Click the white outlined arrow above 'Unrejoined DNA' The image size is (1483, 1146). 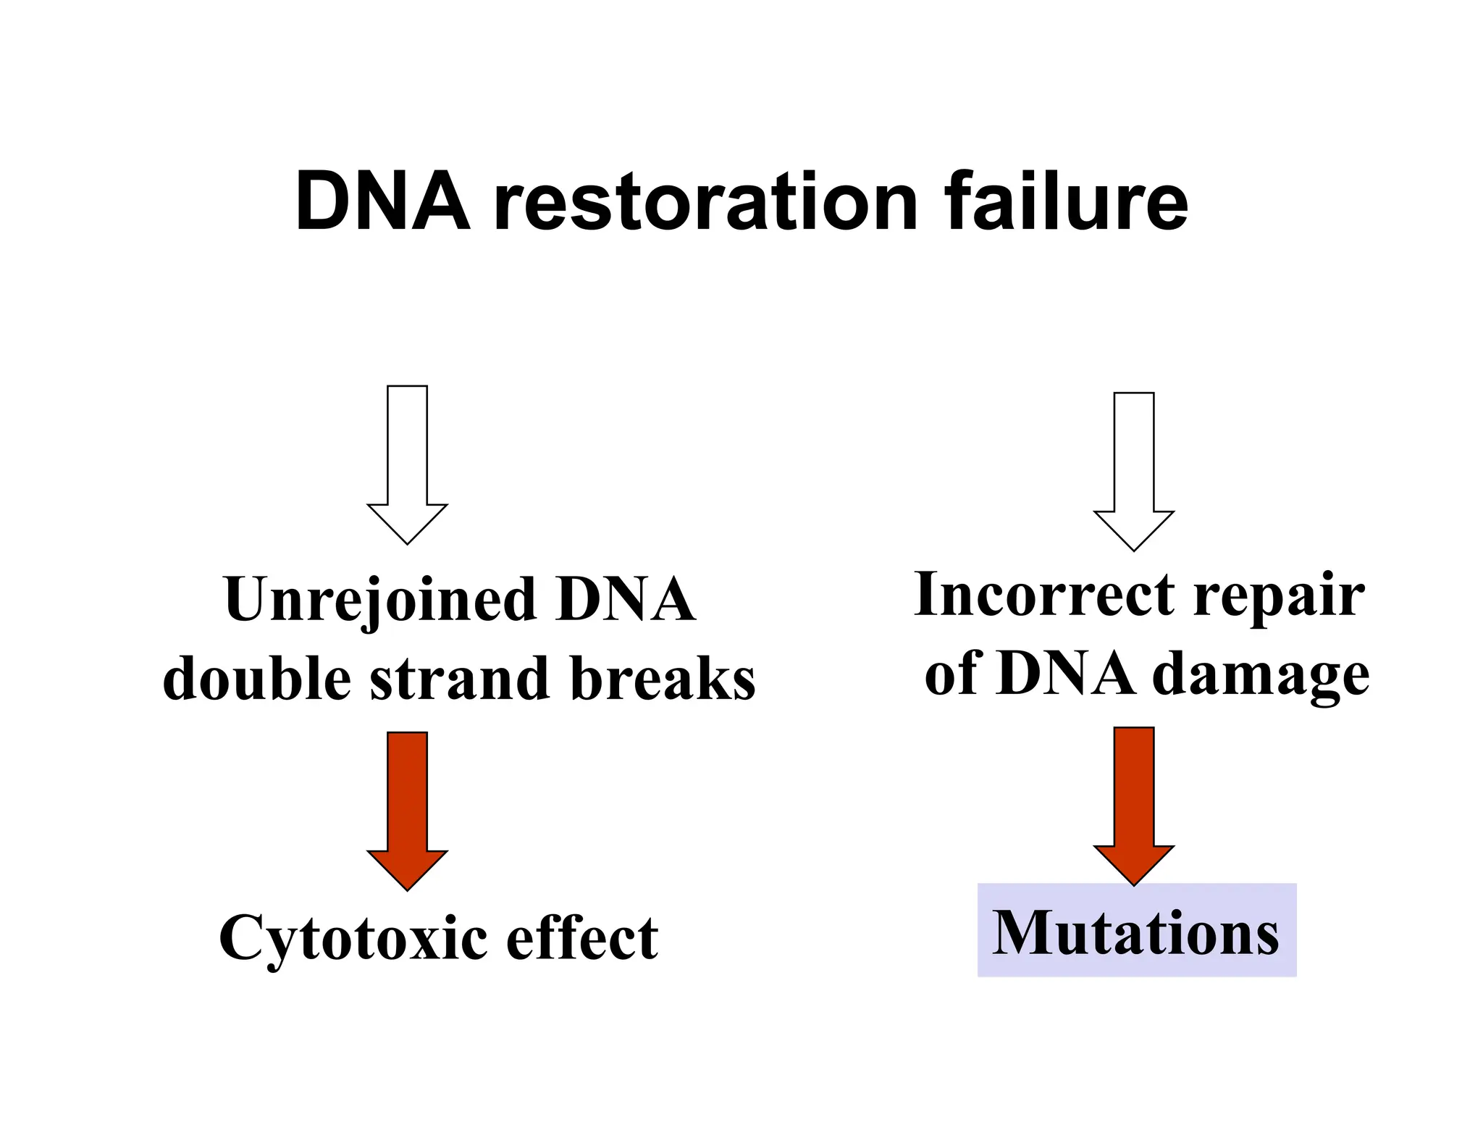pos(407,464)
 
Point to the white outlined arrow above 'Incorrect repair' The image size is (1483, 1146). pos(1133,471)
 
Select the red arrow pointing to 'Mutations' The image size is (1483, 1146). pos(1133,804)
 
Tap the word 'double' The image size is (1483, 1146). pos(257,679)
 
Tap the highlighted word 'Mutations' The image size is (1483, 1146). pos(1135,932)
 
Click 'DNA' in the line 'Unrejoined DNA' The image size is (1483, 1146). pos(624,600)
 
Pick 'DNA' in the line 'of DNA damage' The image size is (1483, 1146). pos(1064,674)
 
